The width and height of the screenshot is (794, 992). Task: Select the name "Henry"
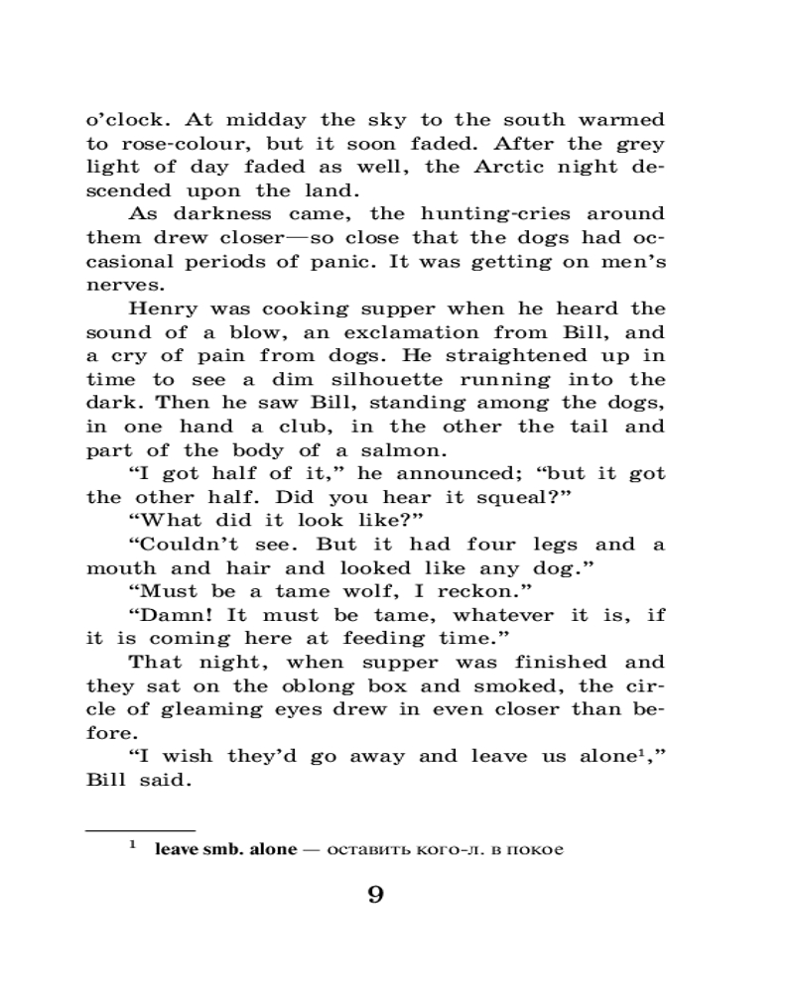[166, 310]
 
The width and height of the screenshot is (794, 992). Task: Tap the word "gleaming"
[220, 709]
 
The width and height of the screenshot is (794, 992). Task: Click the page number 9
[374, 895]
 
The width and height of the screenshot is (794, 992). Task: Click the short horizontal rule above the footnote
[140, 829]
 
